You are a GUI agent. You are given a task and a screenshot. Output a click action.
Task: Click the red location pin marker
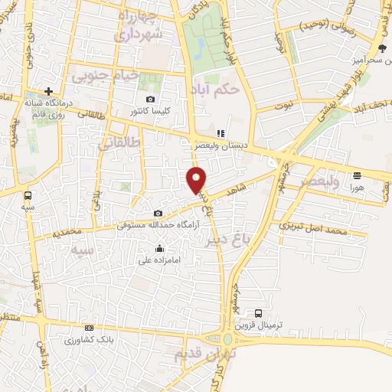coord(197,178)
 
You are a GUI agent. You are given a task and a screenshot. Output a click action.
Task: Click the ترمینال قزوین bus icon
coord(258,313)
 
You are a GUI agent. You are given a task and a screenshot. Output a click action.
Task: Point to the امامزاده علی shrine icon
coord(159,247)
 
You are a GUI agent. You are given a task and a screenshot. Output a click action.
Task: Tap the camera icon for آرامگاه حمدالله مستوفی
coord(158,214)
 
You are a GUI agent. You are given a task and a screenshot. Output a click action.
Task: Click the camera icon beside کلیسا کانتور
coord(150,100)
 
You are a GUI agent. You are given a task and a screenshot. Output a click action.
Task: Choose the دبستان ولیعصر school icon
coord(220,132)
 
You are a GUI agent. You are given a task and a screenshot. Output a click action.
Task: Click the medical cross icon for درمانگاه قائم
coord(47,91)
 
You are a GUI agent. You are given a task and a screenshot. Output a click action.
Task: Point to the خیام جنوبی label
coord(106,75)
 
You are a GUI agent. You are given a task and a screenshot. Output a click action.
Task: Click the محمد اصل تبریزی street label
coord(313,227)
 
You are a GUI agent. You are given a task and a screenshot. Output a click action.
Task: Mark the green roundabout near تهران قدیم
coord(227,338)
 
